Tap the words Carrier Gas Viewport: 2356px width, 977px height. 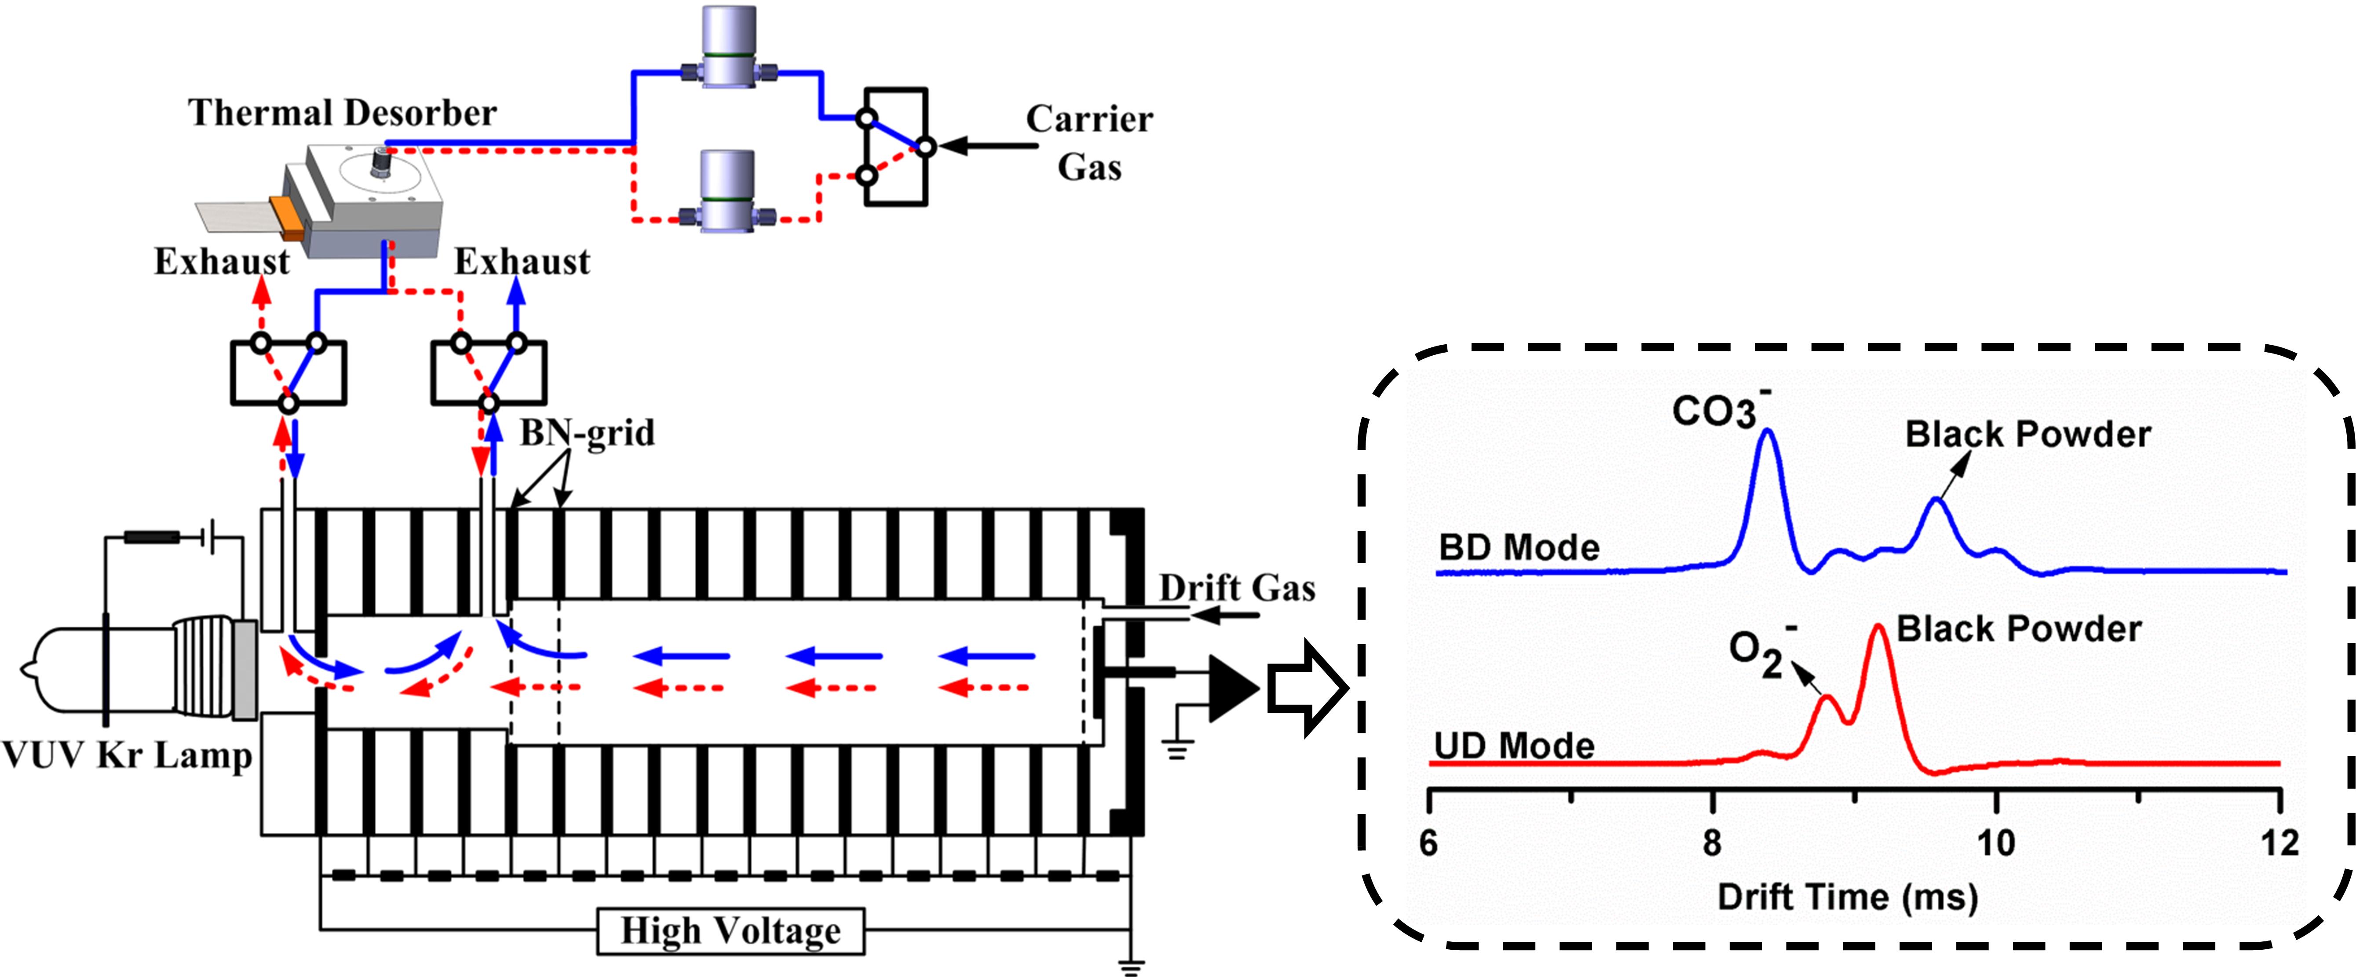[x=1089, y=143]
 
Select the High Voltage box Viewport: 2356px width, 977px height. [x=730, y=930]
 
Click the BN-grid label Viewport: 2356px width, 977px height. [x=587, y=433]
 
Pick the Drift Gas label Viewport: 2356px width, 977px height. [x=1237, y=587]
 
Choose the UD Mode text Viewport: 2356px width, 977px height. [x=1514, y=746]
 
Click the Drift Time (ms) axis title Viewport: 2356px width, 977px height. [x=1848, y=897]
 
